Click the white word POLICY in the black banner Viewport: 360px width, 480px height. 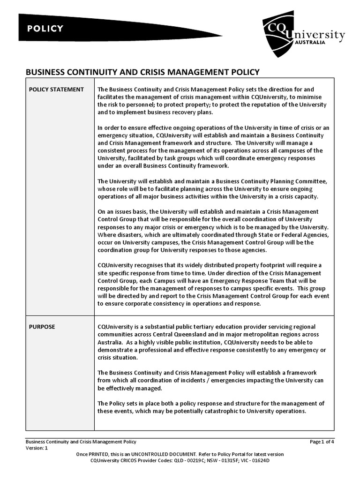pos(45,29)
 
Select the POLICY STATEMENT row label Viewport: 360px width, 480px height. pos(56,90)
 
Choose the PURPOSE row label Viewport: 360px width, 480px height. pos(42,327)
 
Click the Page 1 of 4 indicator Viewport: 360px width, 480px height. pos(322,442)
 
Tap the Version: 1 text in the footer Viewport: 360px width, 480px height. pos(37,448)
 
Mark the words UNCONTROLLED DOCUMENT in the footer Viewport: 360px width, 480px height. pos(158,454)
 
